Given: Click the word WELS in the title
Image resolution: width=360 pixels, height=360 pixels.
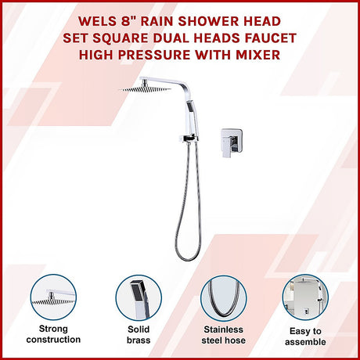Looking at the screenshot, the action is click(x=98, y=21).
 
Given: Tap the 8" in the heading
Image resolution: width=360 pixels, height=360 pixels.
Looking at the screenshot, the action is click(x=129, y=21).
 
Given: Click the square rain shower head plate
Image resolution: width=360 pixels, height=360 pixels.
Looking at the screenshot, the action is click(x=145, y=89).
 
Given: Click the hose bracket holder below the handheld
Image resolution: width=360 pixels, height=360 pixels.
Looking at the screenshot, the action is click(x=187, y=139).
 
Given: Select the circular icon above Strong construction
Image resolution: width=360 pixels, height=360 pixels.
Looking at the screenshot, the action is click(x=53, y=297).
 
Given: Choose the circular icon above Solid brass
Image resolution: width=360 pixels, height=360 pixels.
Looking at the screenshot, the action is click(x=139, y=297).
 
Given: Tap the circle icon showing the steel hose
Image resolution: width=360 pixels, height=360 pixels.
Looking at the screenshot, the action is click(x=224, y=298).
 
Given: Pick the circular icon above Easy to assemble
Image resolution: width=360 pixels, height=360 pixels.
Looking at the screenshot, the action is click(x=305, y=297).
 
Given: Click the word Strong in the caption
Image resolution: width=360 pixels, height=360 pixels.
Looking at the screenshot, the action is click(x=53, y=329).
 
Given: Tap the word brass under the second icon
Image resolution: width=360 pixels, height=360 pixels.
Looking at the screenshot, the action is click(x=139, y=340).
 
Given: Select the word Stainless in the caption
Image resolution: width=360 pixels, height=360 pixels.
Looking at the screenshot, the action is click(x=224, y=329).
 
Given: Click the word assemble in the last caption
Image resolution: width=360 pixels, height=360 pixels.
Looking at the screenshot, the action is click(x=305, y=342).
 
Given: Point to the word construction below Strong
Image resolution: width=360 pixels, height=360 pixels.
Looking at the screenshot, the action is click(x=53, y=340).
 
